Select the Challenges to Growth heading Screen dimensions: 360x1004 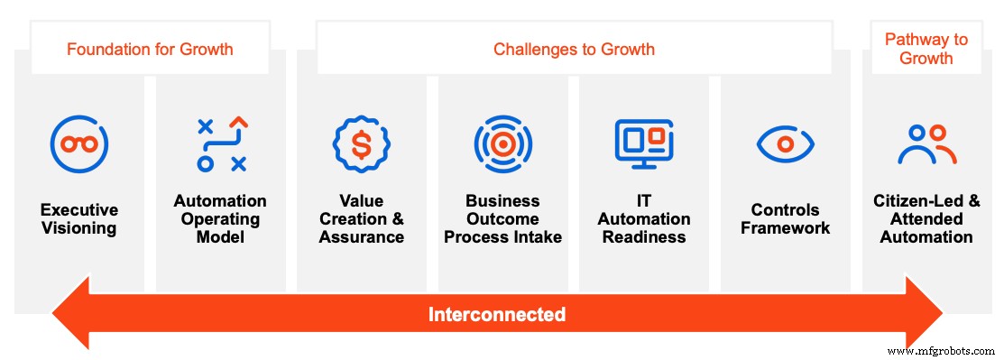574,49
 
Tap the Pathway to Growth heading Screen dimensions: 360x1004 926,49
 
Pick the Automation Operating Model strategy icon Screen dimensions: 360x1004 221,143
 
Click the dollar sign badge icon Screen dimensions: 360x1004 361,143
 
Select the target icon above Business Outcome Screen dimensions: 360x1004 503,143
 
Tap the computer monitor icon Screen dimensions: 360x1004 644,143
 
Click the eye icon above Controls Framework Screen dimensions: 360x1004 785,143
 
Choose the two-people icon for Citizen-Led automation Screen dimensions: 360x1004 926,143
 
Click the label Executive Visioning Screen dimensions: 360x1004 79,219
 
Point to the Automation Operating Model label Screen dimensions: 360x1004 220,219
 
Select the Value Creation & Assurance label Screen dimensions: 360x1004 361,219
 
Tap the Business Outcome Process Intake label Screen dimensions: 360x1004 503,219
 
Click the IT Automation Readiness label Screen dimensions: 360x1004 644,219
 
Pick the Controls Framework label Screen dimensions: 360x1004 785,219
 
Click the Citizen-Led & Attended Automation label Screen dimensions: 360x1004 926,219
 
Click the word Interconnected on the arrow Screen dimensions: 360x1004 497,315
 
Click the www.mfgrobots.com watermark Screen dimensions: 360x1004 942,350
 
